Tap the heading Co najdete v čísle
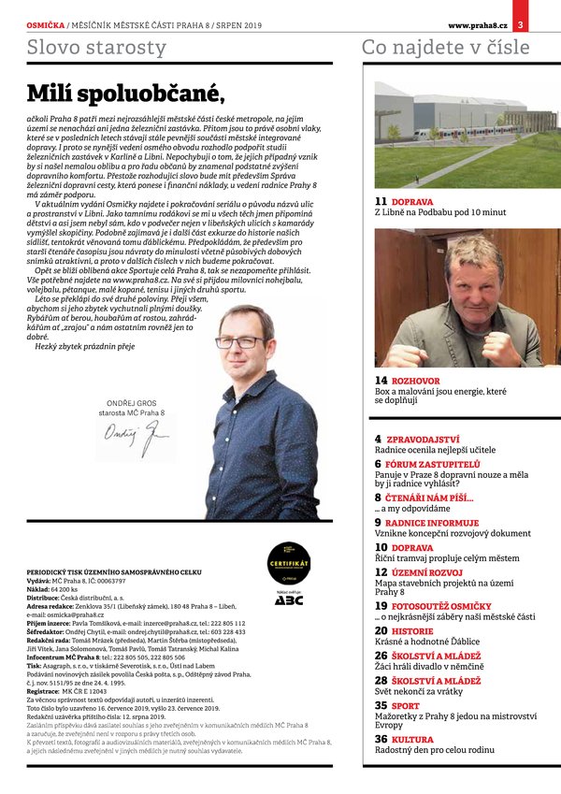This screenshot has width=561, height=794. point(444,48)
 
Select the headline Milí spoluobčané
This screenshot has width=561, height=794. point(126,93)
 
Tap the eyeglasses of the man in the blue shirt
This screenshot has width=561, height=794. point(240,342)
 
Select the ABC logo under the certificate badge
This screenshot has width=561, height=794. point(288,599)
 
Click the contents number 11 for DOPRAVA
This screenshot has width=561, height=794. point(381,201)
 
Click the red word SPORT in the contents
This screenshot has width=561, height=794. point(407,705)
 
